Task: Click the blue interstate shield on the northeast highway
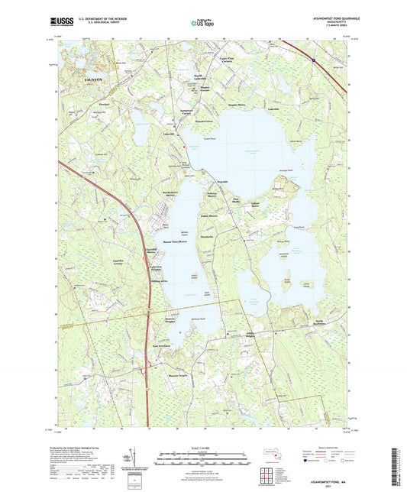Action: pos(313,57)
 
